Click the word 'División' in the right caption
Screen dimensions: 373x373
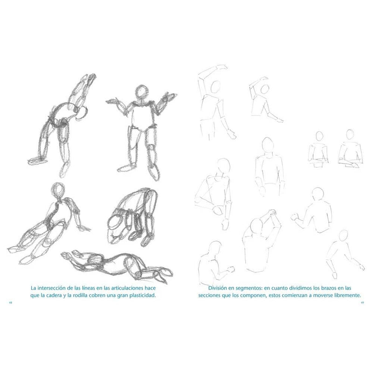[x=217, y=288]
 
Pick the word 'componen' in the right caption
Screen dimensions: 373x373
[x=250, y=296]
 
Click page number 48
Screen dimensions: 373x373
[x=10, y=303]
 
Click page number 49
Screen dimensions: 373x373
[x=362, y=303]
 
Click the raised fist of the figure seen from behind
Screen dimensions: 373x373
[x=295, y=217]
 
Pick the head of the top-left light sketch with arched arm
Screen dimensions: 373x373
[x=216, y=86]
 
